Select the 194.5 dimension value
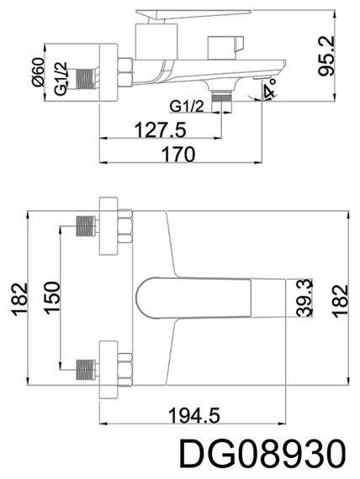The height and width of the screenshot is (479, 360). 194,416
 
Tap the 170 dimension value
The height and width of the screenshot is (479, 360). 178,155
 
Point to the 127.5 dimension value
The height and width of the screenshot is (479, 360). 161,129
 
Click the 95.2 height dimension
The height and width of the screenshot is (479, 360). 326,56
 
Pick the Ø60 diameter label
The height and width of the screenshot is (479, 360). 39,72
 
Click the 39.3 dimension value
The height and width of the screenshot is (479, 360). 304,297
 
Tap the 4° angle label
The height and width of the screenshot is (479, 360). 270,89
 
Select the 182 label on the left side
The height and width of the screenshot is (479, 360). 20,299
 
